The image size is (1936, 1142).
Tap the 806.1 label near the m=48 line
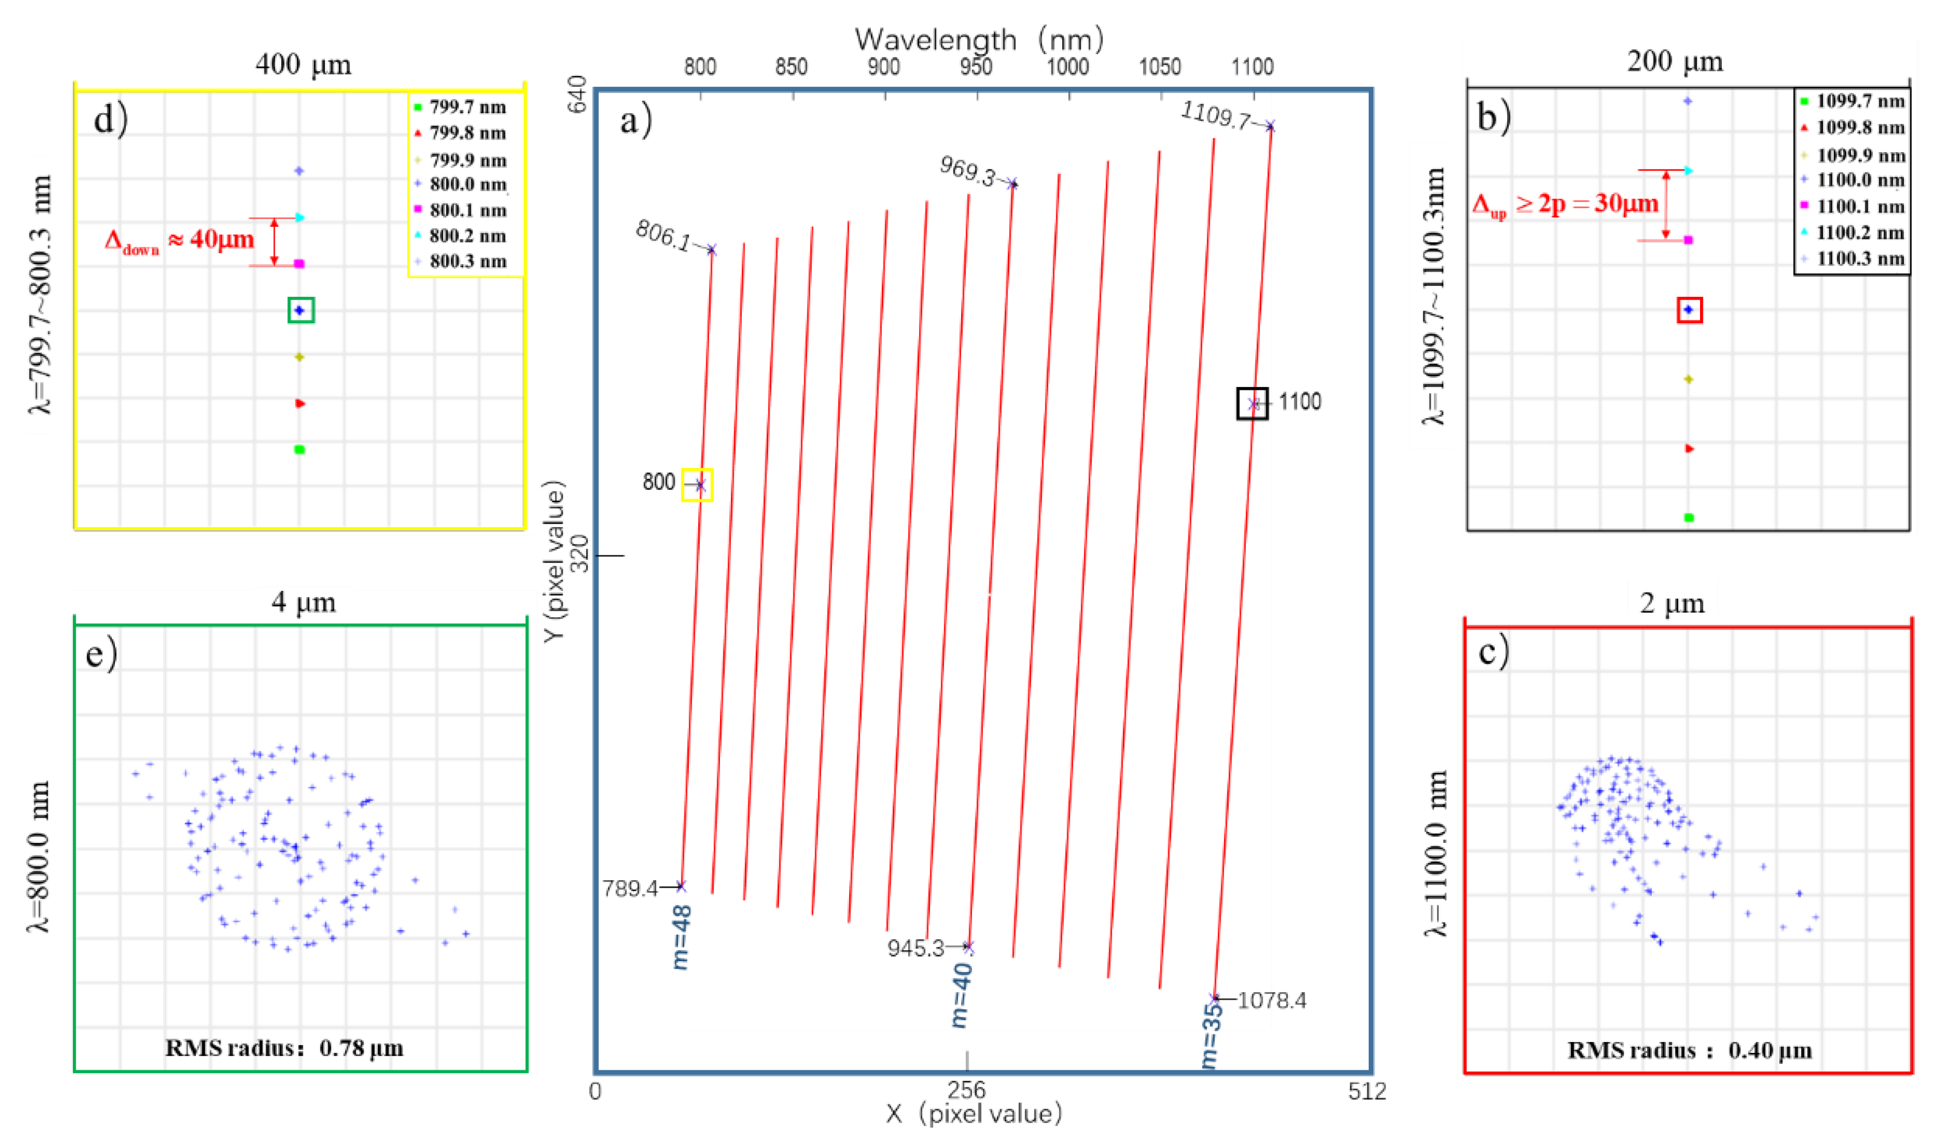[x=663, y=235]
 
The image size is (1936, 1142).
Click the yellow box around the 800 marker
[x=697, y=485]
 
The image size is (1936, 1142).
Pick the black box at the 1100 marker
[x=1252, y=403]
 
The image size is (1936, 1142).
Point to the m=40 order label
[x=962, y=995]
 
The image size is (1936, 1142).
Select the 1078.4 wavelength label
[x=1271, y=1000]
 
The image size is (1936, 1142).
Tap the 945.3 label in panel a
[x=915, y=948]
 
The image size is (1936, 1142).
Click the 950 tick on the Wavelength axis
[x=975, y=68]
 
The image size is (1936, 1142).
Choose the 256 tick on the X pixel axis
[x=966, y=1090]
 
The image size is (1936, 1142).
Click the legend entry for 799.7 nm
[x=459, y=107]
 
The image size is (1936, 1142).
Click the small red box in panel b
[x=1689, y=310]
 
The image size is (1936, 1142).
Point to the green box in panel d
[x=301, y=310]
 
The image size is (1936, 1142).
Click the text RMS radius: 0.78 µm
[x=284, y=1048]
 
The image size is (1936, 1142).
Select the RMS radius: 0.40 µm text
[x=1689, y=1051]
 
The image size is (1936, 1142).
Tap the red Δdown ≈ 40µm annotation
[x=179, y=240]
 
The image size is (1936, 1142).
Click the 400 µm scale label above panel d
[x=303, y=64]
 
